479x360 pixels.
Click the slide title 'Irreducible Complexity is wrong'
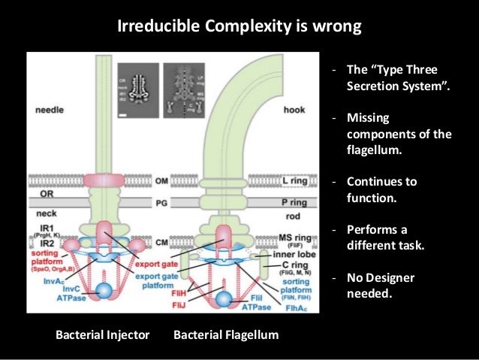pos(239,28)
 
